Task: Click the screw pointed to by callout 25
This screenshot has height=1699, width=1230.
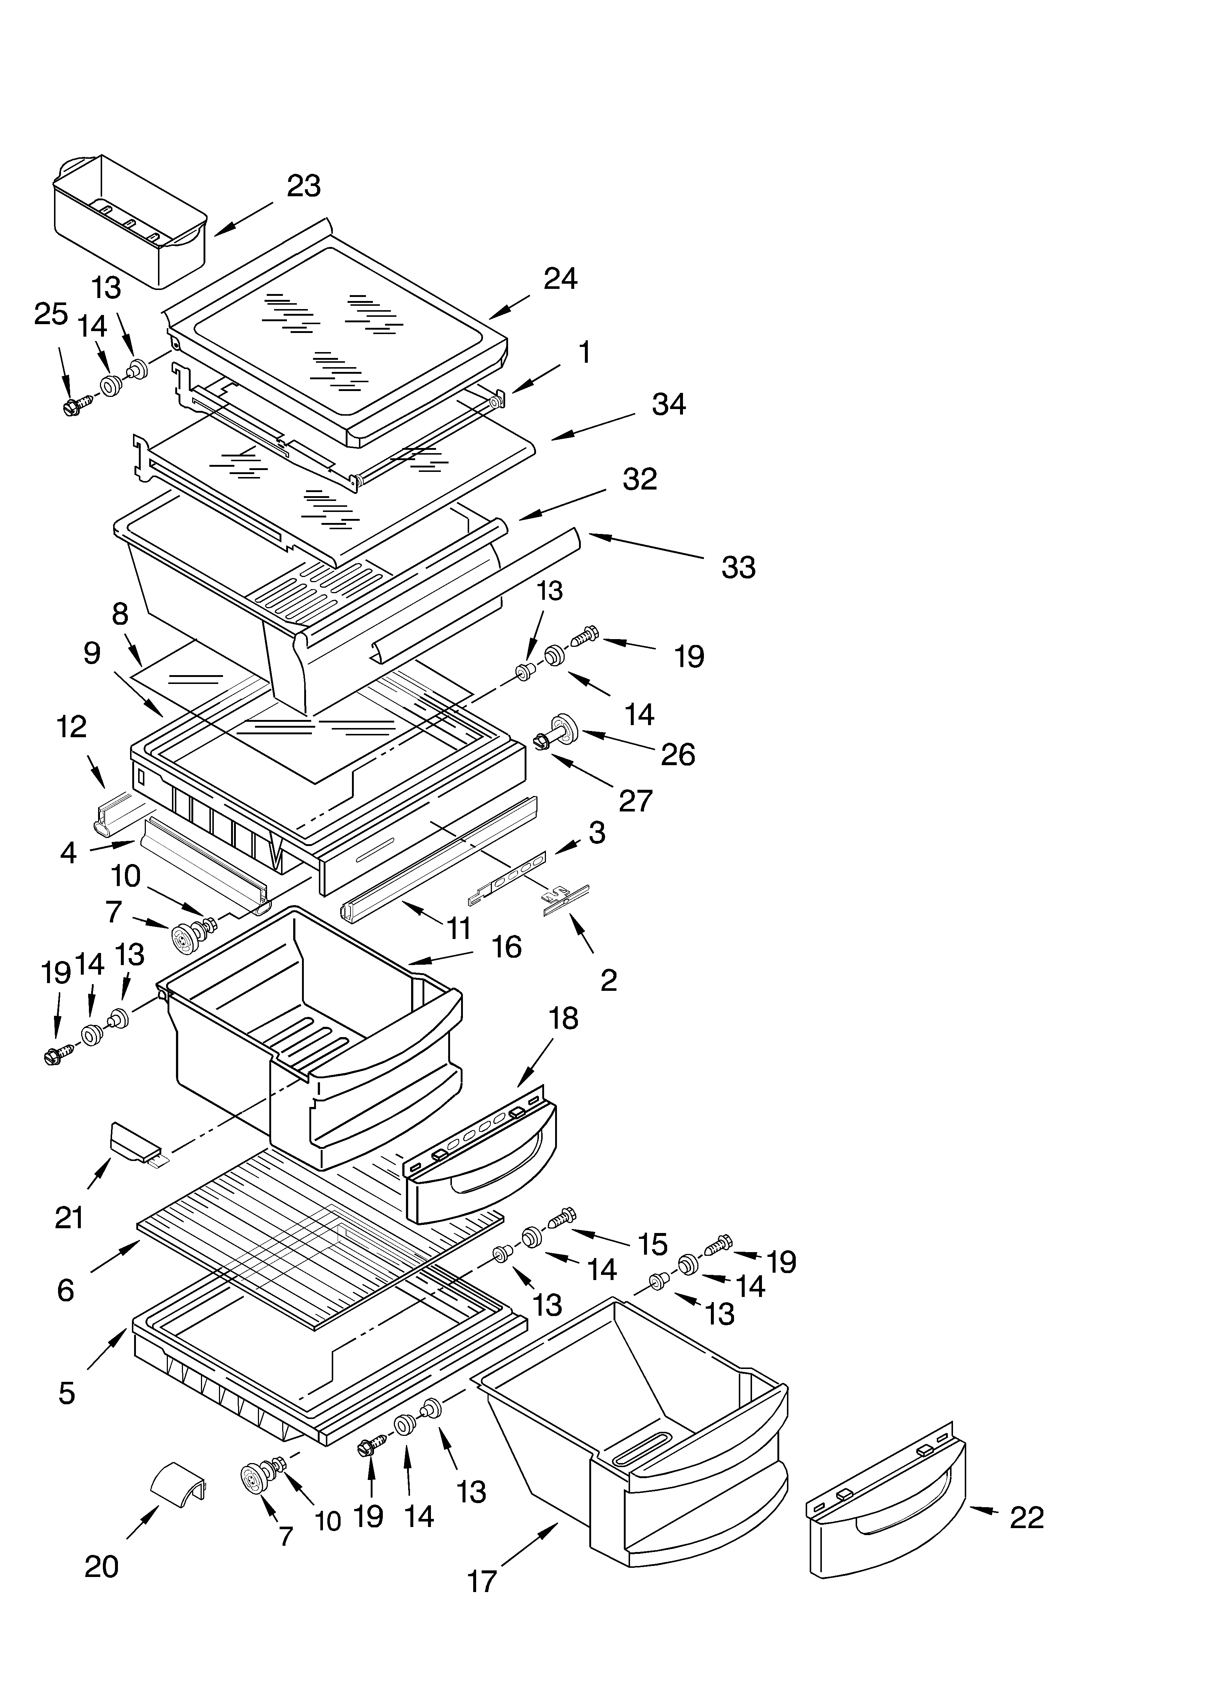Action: tap(75, 405)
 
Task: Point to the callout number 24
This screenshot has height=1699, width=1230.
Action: tap(560, 279)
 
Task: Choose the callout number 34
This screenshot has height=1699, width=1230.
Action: tap(668, 405)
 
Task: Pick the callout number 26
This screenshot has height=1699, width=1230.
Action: tap(677, 754)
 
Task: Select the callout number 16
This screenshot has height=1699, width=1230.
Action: tap(506, 947)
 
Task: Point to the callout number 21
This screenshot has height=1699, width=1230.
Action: tap(69, 1217)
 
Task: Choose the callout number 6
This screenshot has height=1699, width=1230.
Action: tap(66, 1290)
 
